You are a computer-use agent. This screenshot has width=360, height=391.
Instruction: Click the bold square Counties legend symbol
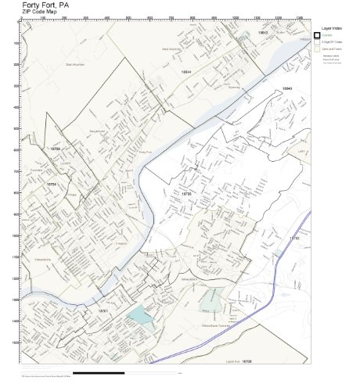(317, 34)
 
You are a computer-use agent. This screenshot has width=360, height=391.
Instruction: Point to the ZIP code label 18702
(295, 237)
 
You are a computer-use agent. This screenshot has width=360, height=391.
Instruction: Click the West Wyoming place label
(171, 49)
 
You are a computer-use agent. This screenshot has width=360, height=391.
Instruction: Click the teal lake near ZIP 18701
(137, 316)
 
